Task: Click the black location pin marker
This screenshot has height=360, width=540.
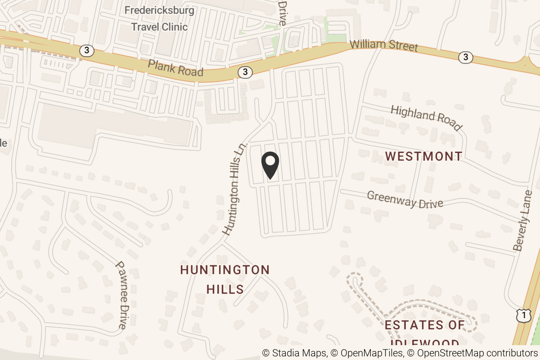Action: click(x=270, y=165)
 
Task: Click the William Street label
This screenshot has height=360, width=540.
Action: click(x=383, y=46)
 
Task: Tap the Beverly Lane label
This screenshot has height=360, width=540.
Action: click(x=522, y=220)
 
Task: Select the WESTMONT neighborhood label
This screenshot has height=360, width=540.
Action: click(x=424, y=156)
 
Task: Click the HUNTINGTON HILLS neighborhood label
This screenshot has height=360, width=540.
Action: click(x=225, y=279)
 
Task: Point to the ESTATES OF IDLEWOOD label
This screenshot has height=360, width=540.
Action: click(x=424, y=331)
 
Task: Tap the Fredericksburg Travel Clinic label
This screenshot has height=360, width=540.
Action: click(x=159, y=18)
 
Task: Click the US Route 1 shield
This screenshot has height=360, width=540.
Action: click(x=523, y=315)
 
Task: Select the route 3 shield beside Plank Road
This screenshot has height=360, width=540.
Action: click(x=245, y=72)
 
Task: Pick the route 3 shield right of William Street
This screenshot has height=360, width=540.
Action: click(x=466, y=57)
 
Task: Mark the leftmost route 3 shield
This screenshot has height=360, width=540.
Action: click(x=87, y=50)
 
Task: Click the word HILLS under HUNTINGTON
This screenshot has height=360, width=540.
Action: click(x=225, y=289)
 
